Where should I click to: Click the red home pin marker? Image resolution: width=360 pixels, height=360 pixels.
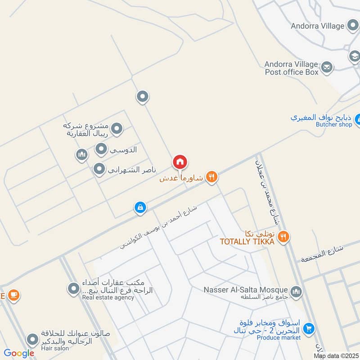[180, 162]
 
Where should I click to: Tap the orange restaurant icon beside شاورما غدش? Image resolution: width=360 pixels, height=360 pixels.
[212, 177]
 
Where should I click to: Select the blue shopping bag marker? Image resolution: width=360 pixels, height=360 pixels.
[140, 207]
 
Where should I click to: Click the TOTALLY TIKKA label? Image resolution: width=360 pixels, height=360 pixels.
[247, 242]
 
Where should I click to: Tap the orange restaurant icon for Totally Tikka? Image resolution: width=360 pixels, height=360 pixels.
[283, 236]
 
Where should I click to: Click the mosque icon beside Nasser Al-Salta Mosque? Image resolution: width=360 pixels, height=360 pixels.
[296, 292]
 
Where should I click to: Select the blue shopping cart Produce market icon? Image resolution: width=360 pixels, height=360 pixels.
[308, 328]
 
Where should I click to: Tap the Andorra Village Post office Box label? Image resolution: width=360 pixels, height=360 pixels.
[291, 68]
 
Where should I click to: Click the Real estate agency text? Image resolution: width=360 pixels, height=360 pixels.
[108, 297]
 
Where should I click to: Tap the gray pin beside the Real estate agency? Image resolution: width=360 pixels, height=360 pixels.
[73, 289]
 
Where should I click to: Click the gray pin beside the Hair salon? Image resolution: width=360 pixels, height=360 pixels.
[32, 340]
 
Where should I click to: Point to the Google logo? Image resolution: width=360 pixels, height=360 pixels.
[19, 353]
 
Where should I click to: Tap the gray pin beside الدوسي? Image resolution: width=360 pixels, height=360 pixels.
[101, 148]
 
